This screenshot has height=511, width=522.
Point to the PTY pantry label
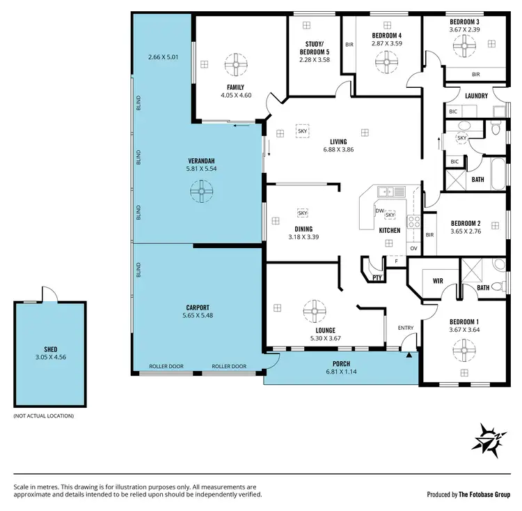coord(377,277)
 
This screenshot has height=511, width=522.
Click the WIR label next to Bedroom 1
coord(438,282)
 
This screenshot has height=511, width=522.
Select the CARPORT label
coord(198,307)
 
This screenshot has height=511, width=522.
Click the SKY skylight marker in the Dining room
coord(303,213)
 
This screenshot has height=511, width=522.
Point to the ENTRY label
coord(405,328)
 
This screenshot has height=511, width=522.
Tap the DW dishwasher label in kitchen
coord(379,211)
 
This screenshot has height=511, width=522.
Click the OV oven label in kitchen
coord(413,248)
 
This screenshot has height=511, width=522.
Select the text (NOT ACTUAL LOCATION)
coord(43,416)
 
